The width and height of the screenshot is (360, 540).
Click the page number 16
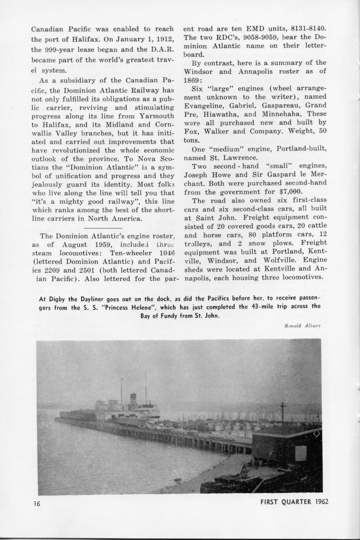(x=37, y=504)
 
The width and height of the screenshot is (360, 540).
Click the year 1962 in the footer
(x=318, y=502)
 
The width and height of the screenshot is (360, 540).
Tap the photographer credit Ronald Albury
(x=305, y=325)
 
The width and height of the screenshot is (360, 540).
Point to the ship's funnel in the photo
(x=133, y=399)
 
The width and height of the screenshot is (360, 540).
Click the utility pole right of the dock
(x=283, y=414)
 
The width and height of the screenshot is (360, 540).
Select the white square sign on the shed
(x=301, y=454)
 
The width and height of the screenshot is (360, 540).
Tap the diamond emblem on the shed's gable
(x=317, y=434)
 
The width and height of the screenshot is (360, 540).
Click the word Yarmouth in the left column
(x=151, y=122)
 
